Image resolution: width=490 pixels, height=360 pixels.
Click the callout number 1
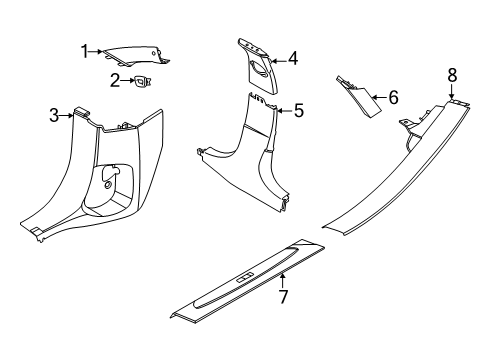(85, 51)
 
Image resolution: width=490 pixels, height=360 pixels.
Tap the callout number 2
(115, 80)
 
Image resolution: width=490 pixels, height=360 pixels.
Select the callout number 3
(54, 115)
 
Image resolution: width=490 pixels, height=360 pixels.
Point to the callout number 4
(293, 59)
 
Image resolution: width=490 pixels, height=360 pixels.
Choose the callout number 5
(299, 110)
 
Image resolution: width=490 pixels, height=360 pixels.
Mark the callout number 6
(394, 97)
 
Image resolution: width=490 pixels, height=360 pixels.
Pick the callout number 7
(283, 297)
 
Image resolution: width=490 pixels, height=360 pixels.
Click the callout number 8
(452, 75)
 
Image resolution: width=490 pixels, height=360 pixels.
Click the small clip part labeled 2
(142, 81)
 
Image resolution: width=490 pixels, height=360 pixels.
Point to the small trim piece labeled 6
(358, 97)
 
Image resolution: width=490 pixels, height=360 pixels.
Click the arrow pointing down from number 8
(452, 92)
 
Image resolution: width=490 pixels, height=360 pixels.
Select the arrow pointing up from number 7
(282, 280)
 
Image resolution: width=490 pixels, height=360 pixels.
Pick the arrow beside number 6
(379, 97)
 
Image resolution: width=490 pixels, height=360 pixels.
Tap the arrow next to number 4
(279, 61)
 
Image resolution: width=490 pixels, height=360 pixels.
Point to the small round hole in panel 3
(107, 185)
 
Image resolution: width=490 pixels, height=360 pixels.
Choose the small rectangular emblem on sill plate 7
(246, 278)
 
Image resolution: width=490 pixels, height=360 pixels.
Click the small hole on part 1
(154, 53)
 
